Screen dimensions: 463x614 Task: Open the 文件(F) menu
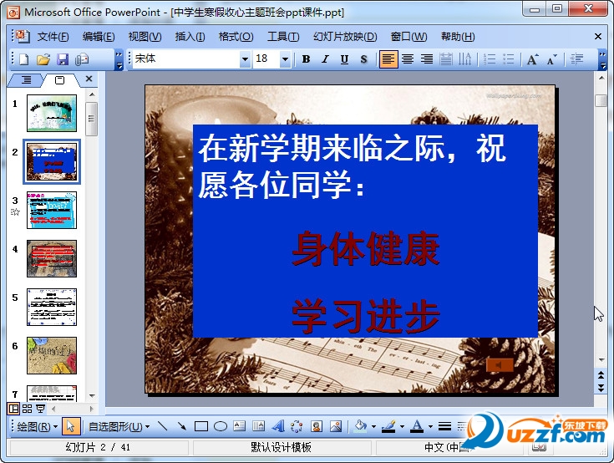click(52, 37)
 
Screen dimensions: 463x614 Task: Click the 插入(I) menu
click(190, 37)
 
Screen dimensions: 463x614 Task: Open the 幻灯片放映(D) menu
click(345, 37)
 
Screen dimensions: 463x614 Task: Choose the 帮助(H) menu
click(457, 37)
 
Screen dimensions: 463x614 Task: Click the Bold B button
click(306, 59)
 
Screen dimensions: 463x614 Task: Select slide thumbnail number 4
click(52, 258)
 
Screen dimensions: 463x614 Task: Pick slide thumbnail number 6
click(52, 355)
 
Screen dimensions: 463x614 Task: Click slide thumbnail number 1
click(52, 113)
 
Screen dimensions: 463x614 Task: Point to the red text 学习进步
click(365, 317)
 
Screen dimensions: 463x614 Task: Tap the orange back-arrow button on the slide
click(499, 365)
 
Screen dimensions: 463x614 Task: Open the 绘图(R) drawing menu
click(37, 426)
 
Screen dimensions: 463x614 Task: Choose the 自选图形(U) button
click(119, 426)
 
